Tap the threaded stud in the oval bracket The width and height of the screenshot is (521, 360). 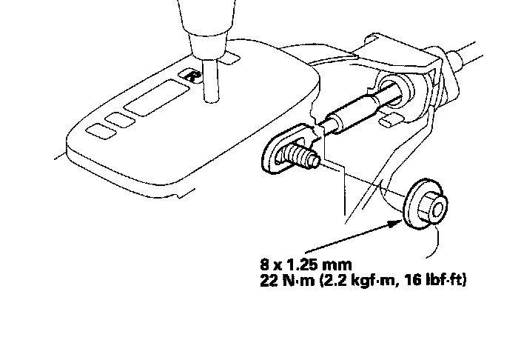[x=302, y=156]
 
